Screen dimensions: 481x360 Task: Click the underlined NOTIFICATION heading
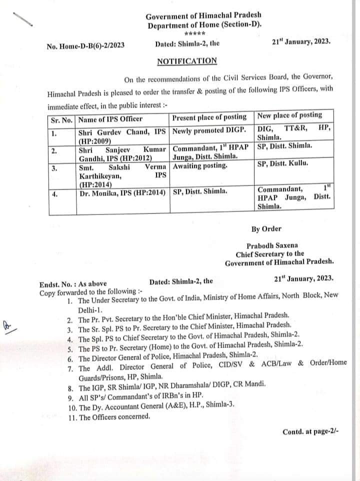(187, 61)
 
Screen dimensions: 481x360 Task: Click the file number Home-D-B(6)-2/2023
(85, 46)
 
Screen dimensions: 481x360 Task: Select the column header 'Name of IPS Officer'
(110, 119)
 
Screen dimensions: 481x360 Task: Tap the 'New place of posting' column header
(289, 115)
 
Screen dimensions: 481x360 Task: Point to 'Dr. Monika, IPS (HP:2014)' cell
(123, 191)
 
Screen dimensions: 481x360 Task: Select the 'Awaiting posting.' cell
(199, 165)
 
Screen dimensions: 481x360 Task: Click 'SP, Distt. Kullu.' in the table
(282, 163)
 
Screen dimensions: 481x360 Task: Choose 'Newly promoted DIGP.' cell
(209, 131)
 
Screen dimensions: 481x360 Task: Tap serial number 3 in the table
(54, 168)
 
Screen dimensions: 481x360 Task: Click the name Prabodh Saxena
(272, 245)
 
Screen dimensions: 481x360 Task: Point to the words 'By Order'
(266, 229)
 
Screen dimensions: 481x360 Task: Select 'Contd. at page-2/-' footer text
(310, 431)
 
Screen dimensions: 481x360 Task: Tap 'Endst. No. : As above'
(73, 284)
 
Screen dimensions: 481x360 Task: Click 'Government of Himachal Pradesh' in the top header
(203, 16)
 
